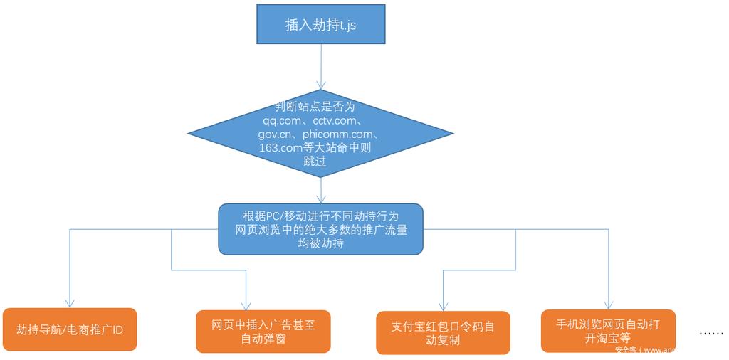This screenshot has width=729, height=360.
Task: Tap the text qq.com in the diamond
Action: (277, 120)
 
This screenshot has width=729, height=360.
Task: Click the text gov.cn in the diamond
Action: (276, 134)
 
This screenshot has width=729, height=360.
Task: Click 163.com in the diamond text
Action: (280, 147)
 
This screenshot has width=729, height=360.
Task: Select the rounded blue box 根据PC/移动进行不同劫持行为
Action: (320, 229)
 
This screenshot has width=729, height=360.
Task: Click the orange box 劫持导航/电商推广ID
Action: (69, 329)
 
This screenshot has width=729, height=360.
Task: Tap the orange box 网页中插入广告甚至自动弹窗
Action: (263, 332)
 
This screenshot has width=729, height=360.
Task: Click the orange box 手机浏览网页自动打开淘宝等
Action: (608, 331)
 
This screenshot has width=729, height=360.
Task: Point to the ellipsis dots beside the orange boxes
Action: (711, 333)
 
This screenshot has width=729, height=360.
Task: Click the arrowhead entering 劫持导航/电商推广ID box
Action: (69, 303)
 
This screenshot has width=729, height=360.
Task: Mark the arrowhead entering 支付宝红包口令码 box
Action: (443, 307)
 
